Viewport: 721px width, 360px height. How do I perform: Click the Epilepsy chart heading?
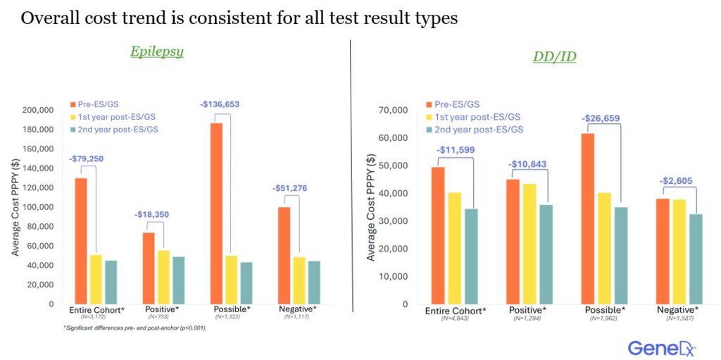point(156,51)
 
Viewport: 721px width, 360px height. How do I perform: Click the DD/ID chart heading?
point(554,56)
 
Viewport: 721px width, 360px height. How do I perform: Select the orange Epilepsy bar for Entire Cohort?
point(81,240)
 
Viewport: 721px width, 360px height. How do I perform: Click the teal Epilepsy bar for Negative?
point(313,283)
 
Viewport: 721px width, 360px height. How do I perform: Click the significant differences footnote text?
point(133,329)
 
